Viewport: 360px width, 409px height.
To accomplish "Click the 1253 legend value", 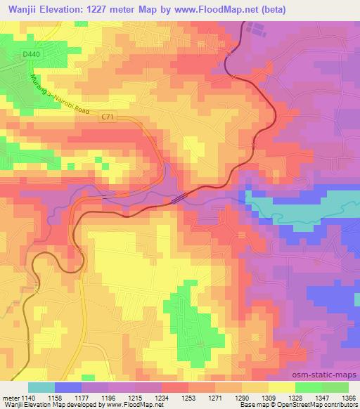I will click(x=188, y=398).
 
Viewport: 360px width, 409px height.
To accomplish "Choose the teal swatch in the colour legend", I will click(x=41, y=387).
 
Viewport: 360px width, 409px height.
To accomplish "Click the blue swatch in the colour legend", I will click(x=68, y=387).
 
